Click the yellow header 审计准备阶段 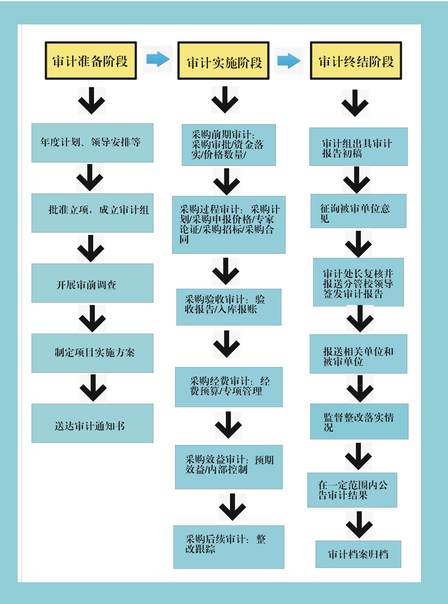(91, 61)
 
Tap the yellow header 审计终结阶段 (356, 61)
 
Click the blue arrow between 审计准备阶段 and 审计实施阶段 (158, 59)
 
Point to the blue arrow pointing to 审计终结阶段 (289, 61)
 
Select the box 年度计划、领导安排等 (92, 143)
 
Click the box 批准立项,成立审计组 (92, 213)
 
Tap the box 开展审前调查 (92, 283)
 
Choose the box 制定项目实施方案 (92, 353)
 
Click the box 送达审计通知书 (92, 423)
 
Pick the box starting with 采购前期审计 (229, 145)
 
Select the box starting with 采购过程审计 (229, 225)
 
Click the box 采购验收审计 (229, 307)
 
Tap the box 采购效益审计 (229, 467)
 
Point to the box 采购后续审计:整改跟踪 (229, 547)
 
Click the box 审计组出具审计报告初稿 (358, 147)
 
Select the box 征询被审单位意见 (358, 211)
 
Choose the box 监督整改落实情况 (359, 421)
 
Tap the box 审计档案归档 (358, 554)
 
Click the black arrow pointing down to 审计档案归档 (359, 524)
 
